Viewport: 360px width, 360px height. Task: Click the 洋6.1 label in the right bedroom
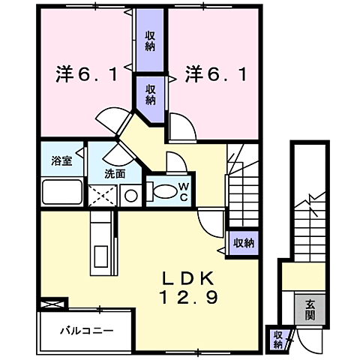click(216, 75)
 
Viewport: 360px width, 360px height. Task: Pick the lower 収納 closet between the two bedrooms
click(151, 93)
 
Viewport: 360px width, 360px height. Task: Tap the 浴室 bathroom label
click(61, 161)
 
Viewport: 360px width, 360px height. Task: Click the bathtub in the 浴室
click(62, 192)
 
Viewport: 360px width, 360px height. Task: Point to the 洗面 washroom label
click(115, 173)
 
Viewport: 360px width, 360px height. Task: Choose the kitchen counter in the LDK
click(100, 244)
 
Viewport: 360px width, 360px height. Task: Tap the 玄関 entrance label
click(310, 308)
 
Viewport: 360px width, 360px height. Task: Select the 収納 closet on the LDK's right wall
click(243, 242)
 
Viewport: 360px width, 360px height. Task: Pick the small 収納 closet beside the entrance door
click(277, 339)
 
